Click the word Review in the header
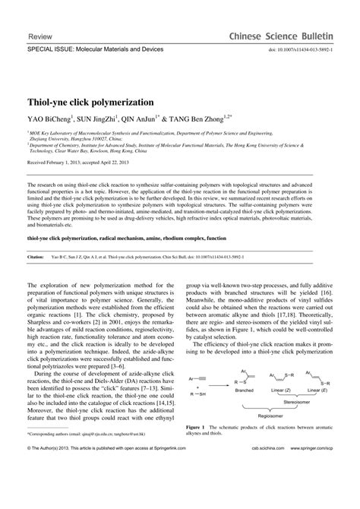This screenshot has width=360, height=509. click(x=39, y=36)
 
